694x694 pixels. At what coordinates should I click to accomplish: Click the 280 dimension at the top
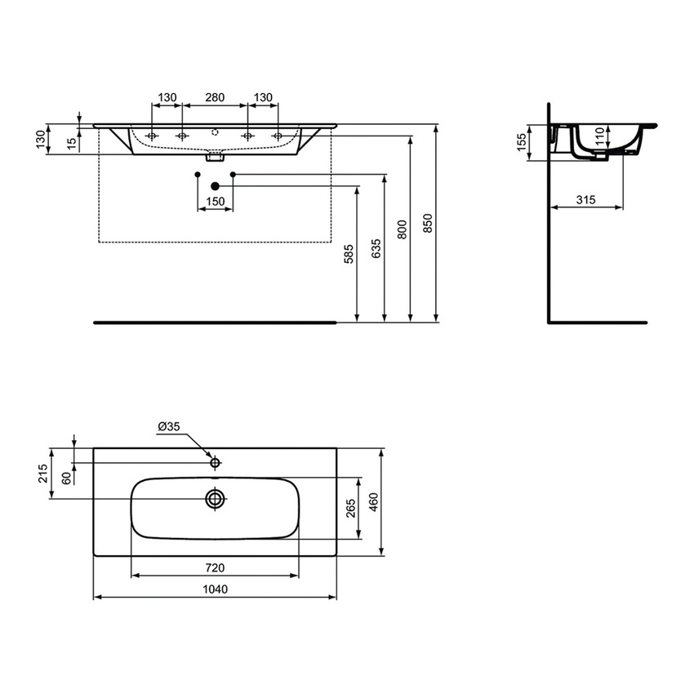tap(215, 97)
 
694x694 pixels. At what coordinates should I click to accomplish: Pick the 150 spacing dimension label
tap(216, 201)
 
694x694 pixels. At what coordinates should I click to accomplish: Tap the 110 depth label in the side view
tap(600, 136)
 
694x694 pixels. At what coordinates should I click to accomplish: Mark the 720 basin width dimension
tap(216, 567)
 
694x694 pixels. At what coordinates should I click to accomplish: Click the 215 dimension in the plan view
tap(43, 474)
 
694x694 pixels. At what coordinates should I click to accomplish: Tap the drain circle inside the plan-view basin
tap(216, 498)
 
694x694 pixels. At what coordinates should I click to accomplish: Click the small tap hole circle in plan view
tap(216, 463)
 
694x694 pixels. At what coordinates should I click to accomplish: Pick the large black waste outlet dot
tap(216, 186)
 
